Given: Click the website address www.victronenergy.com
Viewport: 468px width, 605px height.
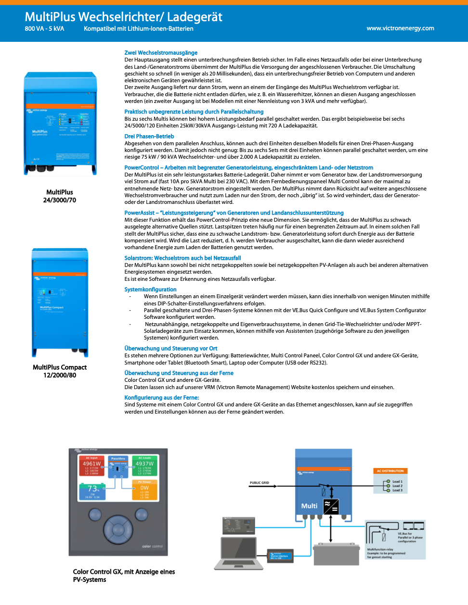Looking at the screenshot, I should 400,28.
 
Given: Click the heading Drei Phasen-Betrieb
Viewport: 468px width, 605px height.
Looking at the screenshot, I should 149,136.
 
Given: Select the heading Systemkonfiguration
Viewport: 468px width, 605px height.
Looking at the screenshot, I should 150,290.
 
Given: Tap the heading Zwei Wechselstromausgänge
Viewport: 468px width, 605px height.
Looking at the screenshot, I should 161,53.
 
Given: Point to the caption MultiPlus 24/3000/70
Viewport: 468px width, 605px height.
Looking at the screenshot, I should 60,196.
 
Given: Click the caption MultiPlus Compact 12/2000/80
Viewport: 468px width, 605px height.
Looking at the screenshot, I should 60,371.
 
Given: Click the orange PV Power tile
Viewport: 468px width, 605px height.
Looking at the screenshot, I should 144,490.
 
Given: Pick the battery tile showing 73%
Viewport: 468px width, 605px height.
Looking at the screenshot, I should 92,491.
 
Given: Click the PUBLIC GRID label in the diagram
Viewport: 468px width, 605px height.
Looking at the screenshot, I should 259,482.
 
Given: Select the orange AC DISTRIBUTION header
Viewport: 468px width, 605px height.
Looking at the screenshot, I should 390,471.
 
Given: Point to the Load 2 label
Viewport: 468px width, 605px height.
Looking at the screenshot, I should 397,486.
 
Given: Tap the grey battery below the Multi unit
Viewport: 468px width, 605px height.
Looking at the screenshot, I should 336,555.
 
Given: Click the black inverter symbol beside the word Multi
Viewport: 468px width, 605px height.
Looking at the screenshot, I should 331,506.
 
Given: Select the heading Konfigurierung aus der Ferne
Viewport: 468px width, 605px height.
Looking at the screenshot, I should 161,398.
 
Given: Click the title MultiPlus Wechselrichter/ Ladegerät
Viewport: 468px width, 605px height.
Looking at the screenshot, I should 123,17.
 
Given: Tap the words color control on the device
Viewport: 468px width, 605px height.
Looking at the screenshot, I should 152,546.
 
